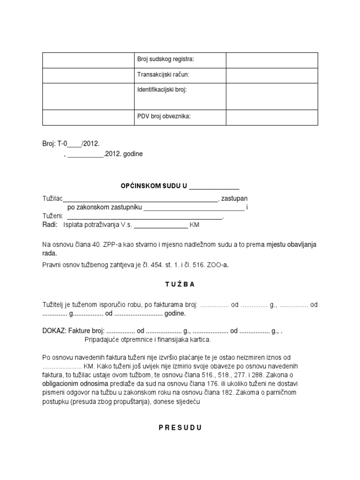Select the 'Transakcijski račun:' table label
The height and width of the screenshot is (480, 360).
click(163, 75)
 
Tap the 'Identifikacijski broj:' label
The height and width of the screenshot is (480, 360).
click(162, 89)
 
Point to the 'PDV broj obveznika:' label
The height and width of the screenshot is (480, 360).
click(164, 116)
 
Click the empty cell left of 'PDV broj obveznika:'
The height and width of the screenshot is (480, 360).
click(88, 117)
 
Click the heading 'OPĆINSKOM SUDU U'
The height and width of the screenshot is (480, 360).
click(153, 186)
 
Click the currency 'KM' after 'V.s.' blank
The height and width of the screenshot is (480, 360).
click(195, 225)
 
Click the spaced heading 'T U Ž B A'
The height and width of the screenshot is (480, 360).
click(180, 284)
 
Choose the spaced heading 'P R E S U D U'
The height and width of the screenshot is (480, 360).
click(180, 427)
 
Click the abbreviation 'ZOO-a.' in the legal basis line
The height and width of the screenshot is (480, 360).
click(219, 265)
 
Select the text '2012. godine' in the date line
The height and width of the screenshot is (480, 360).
click(124, 154)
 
